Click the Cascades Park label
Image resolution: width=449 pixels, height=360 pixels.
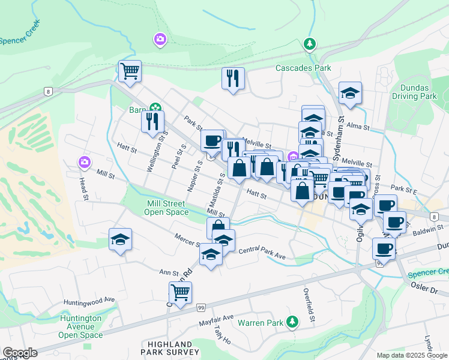tap(303, 68)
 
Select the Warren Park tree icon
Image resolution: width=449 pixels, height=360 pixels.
tap(292, 322)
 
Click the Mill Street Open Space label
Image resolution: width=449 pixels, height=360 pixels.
tap(169, 208)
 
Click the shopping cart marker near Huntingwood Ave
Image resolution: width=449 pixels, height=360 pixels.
tap(180, 293)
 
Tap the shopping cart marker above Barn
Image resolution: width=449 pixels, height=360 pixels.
tap(130, 71)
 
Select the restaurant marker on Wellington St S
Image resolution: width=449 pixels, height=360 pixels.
tap(152, 121)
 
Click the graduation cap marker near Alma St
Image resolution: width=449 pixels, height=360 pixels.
tap(350, 93)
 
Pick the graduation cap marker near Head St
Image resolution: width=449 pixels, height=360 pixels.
tap(120, 239)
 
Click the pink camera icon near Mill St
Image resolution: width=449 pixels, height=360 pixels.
tap(84, 162)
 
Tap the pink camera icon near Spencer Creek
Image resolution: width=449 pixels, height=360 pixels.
tap(160, 40)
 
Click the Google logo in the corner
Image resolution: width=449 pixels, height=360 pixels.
tap(20, 353)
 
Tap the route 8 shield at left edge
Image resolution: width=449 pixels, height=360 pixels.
tap(47, 91)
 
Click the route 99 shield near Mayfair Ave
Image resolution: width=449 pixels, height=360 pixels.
tap(200, 307)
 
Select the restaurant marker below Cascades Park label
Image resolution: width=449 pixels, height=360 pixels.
tap(233, 78)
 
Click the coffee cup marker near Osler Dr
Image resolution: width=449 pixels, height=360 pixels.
tap(384, 248)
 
